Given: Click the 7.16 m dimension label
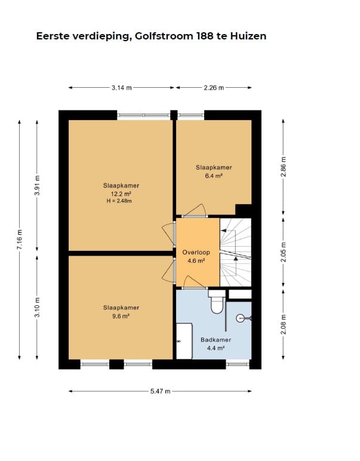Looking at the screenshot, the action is point(19,239).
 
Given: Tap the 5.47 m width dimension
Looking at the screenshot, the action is point(161,391).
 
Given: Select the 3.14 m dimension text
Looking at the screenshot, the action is point(121,88).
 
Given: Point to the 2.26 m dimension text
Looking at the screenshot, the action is point(214,88).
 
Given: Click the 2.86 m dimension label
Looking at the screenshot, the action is point(284,167).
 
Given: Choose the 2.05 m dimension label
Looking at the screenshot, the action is point(284,252).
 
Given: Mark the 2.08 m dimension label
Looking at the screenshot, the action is point(284,324).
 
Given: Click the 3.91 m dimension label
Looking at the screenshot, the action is point(37,185).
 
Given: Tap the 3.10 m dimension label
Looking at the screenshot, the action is point(37,308).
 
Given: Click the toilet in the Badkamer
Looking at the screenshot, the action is point(217,302).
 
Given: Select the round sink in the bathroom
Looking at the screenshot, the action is point(241,318).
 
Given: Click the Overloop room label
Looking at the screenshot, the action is point(196,252).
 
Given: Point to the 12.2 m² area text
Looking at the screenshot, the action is point(121,194).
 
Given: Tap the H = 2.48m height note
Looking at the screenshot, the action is point(119,201).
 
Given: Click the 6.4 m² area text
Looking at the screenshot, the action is point(214,176).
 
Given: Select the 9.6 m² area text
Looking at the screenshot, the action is point(121,316).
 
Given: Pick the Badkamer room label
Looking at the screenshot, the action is point(216,340).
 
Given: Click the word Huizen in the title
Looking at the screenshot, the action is point(248,36).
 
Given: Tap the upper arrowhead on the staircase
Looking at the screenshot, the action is point(223,230).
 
